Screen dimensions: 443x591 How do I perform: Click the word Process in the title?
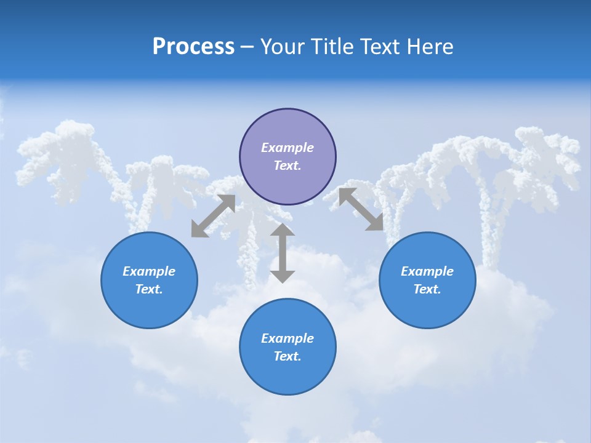(x=193, y=47)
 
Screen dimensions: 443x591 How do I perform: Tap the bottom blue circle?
(x=287, y=375)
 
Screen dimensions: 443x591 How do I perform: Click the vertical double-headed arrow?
(x=283, y=253)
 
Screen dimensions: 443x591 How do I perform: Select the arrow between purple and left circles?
(x=213, y=216)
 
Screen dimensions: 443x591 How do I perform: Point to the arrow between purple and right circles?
(x=361, y=209)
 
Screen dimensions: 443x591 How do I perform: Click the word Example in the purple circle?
(x=287, y=148)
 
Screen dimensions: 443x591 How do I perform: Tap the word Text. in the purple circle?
(x=287, y=166)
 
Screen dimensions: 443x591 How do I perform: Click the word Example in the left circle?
(x=149, y=271)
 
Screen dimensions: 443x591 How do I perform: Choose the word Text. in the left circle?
(x=149, y=289)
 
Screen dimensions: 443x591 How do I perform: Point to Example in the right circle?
(x=427, y=271)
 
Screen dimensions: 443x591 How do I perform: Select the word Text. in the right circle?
(x=427, y=289)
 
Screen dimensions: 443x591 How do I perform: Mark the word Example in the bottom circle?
(x=287, y=338)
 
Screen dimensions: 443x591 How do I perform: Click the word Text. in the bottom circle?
(x=287, y=356)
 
